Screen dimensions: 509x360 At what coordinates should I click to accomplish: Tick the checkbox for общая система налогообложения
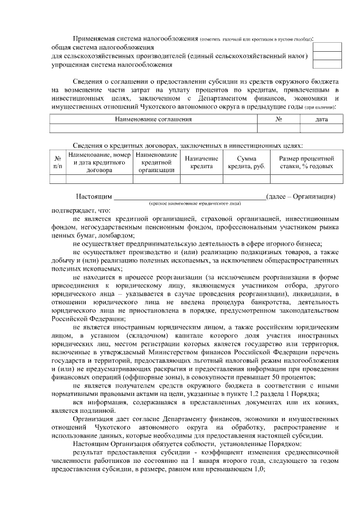click(x=327, y=47)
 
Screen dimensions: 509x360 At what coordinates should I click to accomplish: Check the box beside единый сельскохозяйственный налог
click(x=327, y=56)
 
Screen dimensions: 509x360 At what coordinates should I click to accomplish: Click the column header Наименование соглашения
click(x=154, y=119)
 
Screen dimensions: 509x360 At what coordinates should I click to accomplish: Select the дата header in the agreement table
click(x=321, y=119)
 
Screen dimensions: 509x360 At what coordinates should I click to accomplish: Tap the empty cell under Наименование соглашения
click(x=154, y=128)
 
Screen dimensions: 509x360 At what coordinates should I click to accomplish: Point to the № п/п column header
click(x=57, y=162)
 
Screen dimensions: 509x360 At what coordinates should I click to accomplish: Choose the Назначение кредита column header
click(x=201, y=162)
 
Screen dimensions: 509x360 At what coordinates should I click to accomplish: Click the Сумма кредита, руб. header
click(x=246, y=162)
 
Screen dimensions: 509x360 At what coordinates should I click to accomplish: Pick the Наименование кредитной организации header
click(x=156, y=162)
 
